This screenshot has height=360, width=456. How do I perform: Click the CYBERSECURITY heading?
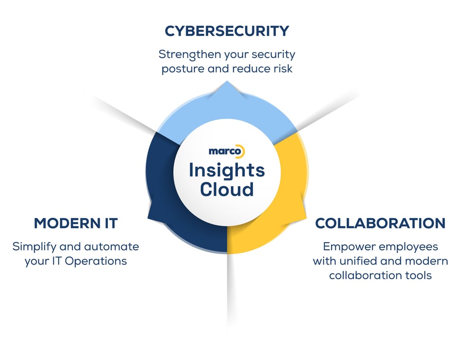[227, 31]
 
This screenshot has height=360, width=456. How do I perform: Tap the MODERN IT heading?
[76, 223]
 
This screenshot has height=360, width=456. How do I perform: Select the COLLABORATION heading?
[380, 223]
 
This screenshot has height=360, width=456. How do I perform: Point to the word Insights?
[227, 171]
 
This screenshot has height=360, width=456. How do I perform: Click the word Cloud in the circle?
[227, 189]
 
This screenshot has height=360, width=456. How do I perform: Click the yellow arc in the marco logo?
[241, 151]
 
